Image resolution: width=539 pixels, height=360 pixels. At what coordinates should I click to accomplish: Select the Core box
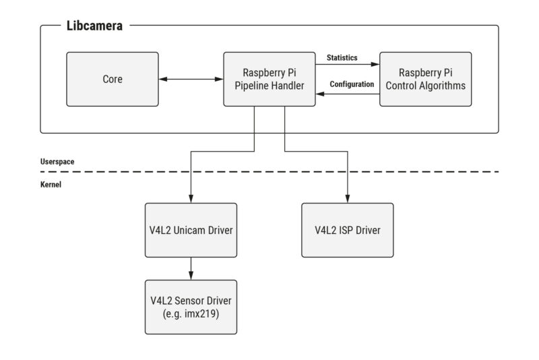[x=113, y=79]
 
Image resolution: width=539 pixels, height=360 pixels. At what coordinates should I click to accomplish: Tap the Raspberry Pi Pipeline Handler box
[x=269, y=79]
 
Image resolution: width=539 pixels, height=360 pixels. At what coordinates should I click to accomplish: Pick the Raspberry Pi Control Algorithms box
[x=426, y=79]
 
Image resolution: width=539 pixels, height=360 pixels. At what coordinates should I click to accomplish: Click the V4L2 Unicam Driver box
[x=191, y=230]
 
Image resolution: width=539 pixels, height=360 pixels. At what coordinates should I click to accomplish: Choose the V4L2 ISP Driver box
[x=347, y=230]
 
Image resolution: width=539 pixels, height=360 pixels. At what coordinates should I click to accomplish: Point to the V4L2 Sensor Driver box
[x=191, y=307]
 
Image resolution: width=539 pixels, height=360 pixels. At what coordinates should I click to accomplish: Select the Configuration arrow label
[x=351, y=84]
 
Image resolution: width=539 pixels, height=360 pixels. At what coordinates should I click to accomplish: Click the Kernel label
[x=51, y=183]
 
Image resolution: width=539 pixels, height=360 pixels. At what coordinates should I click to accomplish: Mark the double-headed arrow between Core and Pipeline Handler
[x=191, y=80]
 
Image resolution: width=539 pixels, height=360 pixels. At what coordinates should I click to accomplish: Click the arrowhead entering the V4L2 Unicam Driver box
[x=191, y=199]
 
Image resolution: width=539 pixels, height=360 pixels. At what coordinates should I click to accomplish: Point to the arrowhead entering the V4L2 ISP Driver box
[x=347, y=199]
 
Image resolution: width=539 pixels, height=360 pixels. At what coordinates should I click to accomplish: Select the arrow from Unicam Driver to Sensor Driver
[x=191, y=268]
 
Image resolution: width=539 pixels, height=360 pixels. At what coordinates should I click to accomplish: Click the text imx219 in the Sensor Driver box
[x=207, y=313]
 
